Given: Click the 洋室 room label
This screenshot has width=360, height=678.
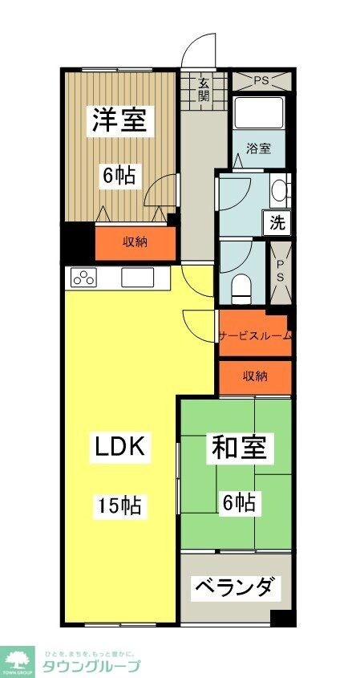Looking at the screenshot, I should tap(118, 120).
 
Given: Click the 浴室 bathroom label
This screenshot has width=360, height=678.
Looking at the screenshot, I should tap(258, 148).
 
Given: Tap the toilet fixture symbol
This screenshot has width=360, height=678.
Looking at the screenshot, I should tap(241, 286).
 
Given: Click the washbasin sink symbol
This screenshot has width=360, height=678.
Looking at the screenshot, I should tap(277, 191).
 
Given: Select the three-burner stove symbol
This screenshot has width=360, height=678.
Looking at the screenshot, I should tap(83, 278).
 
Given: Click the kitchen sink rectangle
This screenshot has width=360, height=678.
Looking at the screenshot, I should tap(137, 278).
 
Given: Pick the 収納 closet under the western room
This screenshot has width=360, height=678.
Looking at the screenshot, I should tap(135, 243).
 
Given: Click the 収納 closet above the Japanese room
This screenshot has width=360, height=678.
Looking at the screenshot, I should tap(255, 376).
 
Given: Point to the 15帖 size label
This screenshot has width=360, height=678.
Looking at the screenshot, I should tap(120, 505).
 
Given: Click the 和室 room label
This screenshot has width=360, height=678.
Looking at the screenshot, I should tap(239, 447).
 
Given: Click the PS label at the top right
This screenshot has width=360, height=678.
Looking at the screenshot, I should tap(261, 81).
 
